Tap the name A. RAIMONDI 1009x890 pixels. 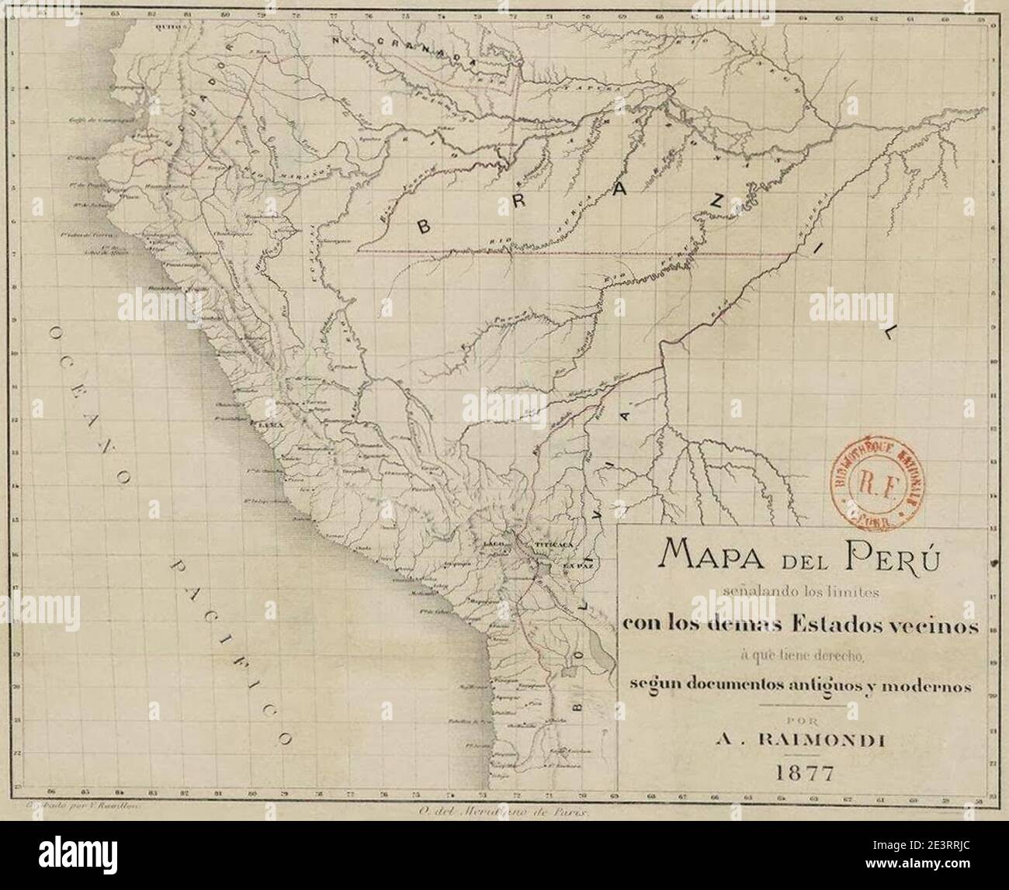800,741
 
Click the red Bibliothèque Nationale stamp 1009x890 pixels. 872,483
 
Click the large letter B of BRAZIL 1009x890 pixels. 424,227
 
